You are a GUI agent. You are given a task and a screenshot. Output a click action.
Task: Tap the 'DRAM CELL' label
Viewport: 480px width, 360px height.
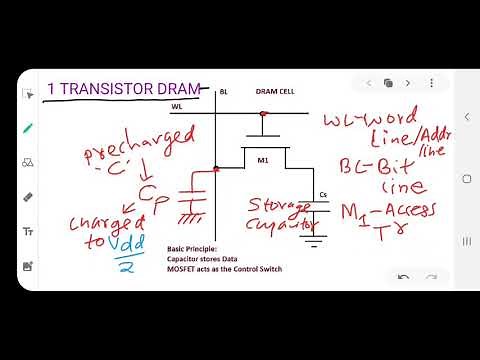pos(274,91)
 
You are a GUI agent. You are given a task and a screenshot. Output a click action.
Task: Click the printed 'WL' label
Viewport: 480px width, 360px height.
pos(206,105)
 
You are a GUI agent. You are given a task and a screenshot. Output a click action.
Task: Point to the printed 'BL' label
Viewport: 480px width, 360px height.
pos(223,91)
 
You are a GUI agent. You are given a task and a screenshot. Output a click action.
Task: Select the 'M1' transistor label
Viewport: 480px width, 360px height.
pos(264,161)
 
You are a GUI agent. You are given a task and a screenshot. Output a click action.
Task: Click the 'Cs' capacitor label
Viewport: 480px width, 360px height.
pos(322,194)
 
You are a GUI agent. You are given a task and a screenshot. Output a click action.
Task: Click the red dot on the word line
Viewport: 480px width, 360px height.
pos(263,114)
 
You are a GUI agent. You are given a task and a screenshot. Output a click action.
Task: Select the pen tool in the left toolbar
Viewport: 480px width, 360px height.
pos(28,127)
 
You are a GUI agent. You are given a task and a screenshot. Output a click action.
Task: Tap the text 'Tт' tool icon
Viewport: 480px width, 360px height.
pos(28,232)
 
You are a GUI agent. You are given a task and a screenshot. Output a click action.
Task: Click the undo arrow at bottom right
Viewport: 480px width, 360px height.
pos(403,277)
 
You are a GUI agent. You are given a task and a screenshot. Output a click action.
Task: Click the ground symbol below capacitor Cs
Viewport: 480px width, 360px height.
pos(318,239)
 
